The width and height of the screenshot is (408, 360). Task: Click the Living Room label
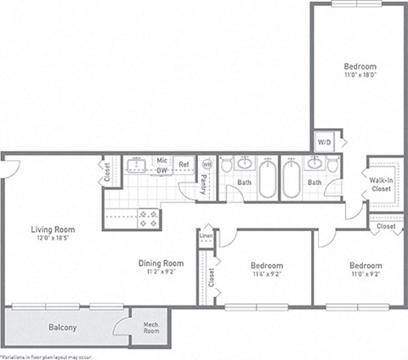(53, 229)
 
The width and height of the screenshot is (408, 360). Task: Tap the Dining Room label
(161, 263)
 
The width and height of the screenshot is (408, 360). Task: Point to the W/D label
(324, 142)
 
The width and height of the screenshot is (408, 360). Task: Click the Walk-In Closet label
(382, 184)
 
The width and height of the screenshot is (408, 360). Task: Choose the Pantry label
(204, 185)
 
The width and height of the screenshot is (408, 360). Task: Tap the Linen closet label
(206, 235)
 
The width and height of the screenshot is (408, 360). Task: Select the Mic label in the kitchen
(161, 160)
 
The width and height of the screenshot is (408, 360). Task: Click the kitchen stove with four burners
(148, 219)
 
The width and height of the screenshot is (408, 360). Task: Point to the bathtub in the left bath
(267, 179)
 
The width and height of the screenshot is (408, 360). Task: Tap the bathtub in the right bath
(292, 179)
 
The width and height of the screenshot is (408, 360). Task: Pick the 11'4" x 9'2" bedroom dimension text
(266, 275)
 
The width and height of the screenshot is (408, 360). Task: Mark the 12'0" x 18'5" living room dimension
(53, 239)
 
